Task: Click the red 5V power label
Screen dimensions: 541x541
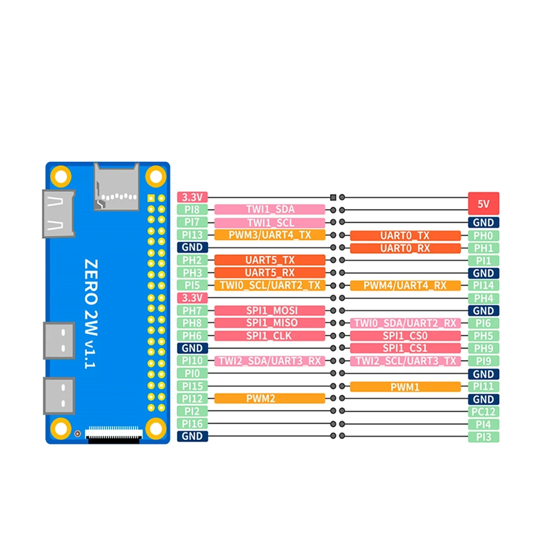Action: pos(483,203)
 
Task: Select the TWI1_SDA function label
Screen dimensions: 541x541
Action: pos(270,209)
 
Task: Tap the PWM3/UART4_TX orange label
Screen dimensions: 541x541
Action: pos(270,235)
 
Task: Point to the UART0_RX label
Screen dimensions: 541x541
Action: pos(405,248)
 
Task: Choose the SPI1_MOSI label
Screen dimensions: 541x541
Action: pos(270,311)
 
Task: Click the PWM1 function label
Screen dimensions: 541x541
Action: pos(405,387)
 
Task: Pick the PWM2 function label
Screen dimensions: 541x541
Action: pos(270,399)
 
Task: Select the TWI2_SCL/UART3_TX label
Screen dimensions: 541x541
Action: pos(405,361)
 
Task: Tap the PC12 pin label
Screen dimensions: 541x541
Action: pos(483,412)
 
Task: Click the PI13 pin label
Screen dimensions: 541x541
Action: pos(193,235)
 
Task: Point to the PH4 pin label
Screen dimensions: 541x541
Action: pos(483,298)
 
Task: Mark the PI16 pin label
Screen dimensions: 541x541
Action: pos(193,424)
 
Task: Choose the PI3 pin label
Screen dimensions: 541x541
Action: pos(483,437)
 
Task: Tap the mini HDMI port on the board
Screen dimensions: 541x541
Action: pos(59,214)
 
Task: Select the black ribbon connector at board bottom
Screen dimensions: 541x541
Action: pos(114,436)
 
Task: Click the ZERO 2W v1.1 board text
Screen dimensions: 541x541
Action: pos(91,313)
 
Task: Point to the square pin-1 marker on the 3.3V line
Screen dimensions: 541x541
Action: pos(333,197)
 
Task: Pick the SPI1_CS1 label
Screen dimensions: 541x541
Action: pos(405,348)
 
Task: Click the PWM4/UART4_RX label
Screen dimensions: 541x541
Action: pos(405,285)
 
